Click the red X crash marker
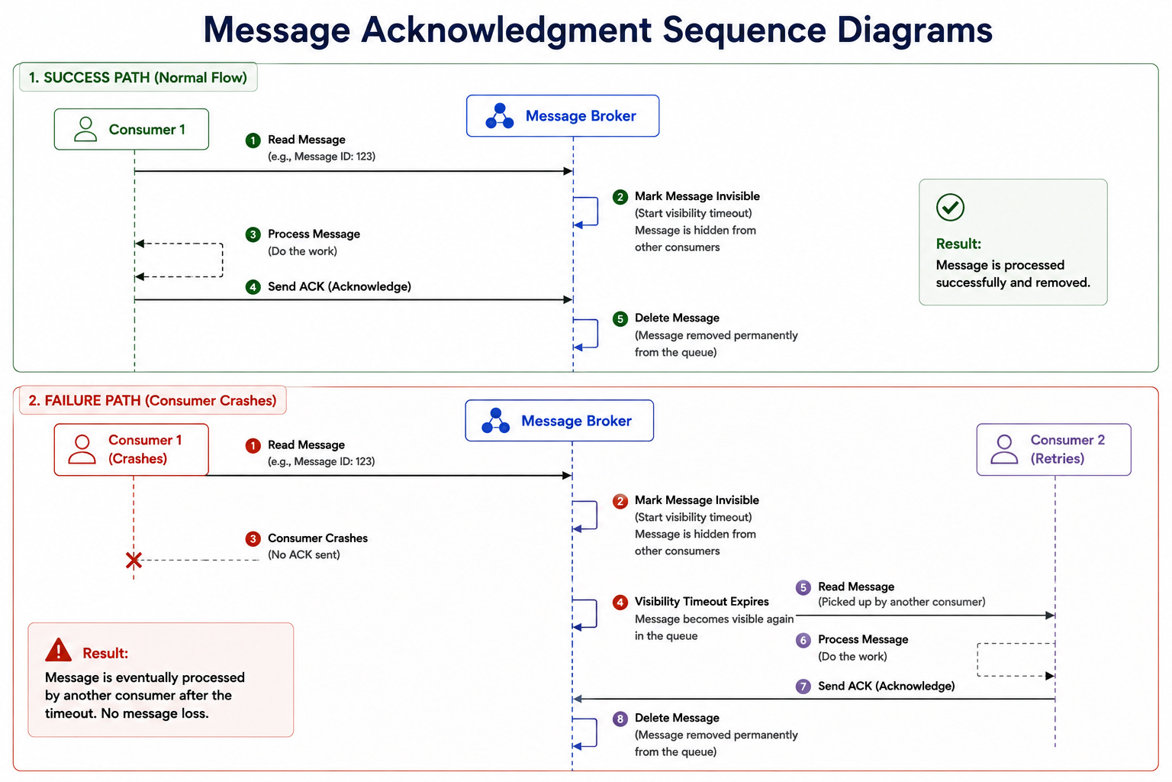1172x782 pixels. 134,561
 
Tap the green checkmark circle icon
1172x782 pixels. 950,208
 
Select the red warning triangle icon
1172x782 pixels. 58,649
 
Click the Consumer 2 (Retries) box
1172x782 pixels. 1054,449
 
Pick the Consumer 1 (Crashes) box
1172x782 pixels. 131,449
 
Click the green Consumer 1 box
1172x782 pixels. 131,129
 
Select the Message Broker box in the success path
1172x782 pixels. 562,116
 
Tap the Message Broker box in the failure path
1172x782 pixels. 559,421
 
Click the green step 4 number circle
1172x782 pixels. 253,287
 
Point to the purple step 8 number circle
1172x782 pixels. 620,719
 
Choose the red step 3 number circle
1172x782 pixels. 253,539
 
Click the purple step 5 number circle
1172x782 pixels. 803,588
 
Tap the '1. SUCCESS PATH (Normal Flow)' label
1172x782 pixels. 138,78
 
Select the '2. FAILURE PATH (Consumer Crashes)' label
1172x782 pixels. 153,401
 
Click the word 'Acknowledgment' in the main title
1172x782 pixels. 506,31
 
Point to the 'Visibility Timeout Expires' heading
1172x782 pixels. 702,601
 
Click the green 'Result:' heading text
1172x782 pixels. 958,244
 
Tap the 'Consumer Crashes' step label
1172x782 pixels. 317,538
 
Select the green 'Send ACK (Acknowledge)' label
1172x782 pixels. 340,286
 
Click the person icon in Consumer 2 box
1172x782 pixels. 1004,449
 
